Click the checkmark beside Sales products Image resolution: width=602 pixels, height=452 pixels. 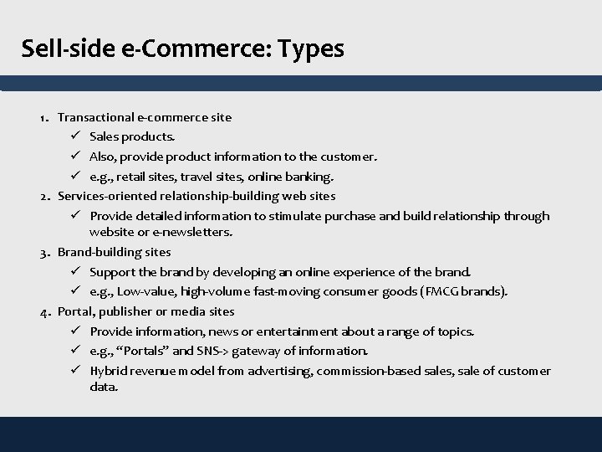[x=74, y=136]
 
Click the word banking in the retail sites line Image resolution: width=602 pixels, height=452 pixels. [x=311, y=177]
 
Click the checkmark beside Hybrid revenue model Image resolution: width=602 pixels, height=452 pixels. [x=74, y=371]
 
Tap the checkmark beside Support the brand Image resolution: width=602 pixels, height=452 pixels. [x=74, y=272]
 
